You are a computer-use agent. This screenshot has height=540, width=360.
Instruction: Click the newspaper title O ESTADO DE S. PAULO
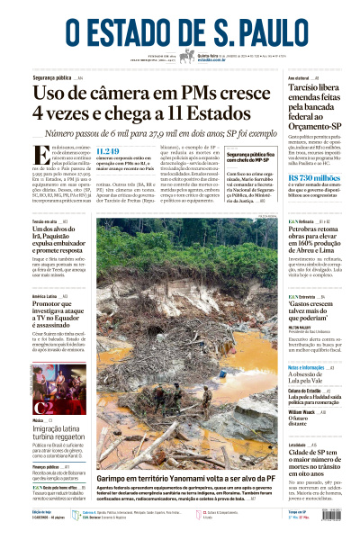click(x=179, y=23)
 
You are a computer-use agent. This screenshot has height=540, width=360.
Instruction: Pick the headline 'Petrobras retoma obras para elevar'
click(x=317, y=240)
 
